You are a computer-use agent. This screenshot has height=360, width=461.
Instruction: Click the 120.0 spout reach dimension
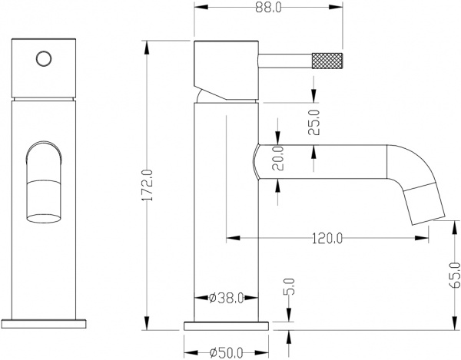(x=327, y=238)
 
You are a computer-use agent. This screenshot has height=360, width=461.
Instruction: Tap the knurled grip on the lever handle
(x=326, y=59)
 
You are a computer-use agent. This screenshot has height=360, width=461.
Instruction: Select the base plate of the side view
(x=227, y=324)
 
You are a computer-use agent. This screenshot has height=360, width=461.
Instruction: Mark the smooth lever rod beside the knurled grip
(x=284, y=59)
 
